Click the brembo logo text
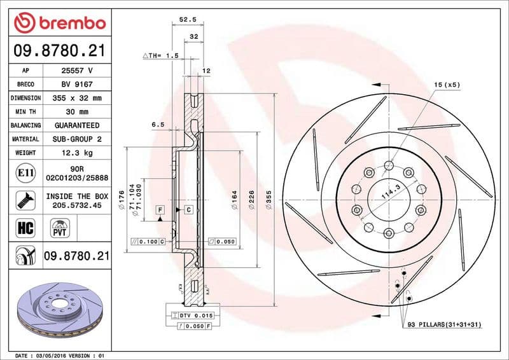(69, 24)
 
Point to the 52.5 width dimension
(186, 20)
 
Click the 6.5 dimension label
(158, 125)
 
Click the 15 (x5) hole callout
(446, 84)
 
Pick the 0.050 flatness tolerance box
(223, 242)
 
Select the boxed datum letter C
(188, 209)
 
